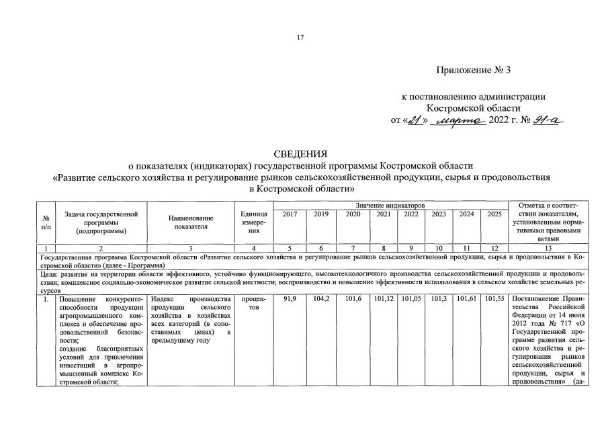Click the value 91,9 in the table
(290, 298)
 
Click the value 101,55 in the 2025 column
(494, 298)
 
